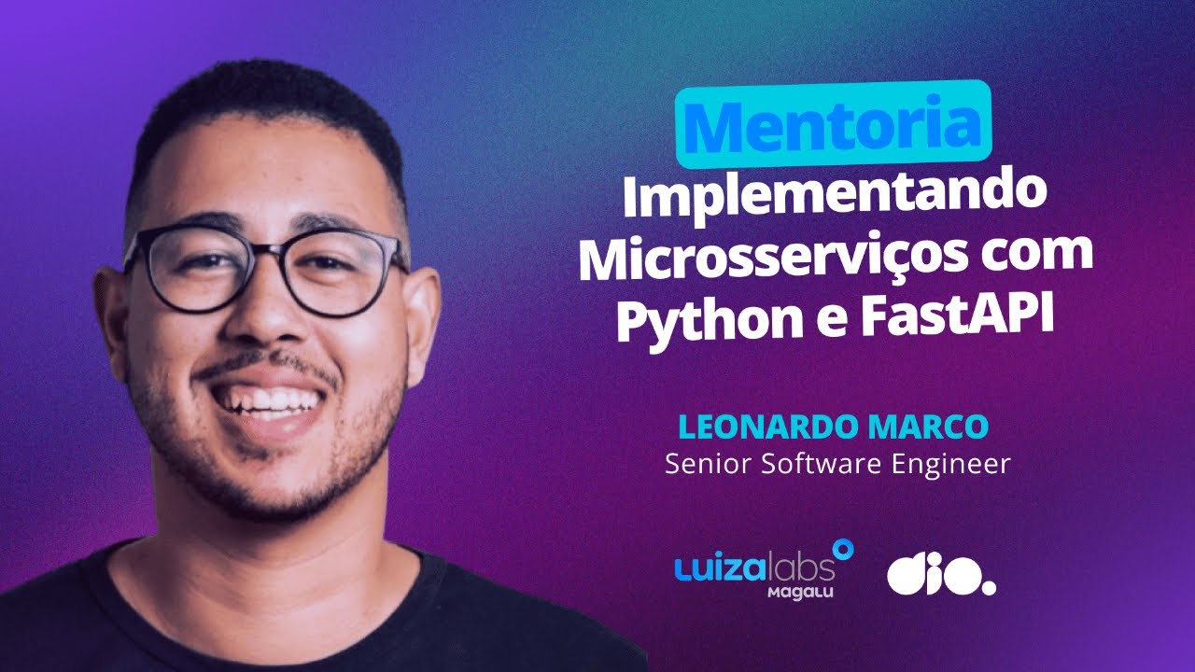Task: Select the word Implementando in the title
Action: point(834,198)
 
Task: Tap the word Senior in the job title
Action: point(696,464)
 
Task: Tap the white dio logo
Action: point(940,577)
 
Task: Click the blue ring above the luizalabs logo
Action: point(843,550)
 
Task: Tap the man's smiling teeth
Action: point(266,400)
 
